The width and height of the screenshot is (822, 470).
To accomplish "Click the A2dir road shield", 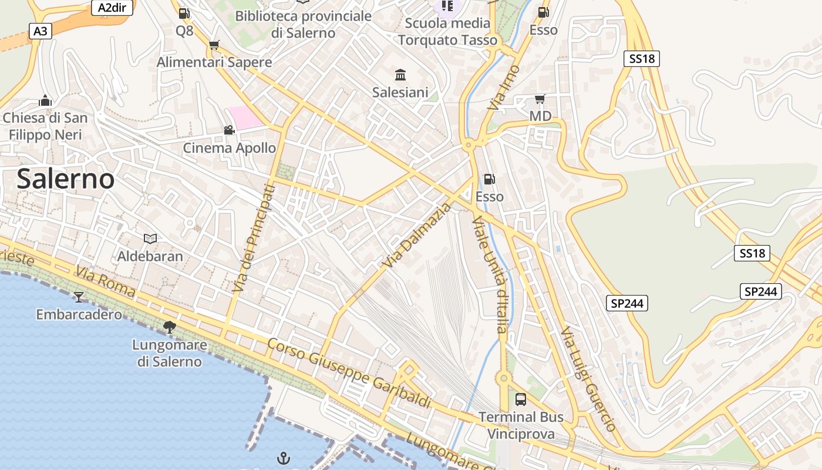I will click(112, 8).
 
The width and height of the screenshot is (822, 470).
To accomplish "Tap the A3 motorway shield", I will click(40, 31).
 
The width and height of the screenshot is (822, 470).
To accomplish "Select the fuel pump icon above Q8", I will click(184, 13).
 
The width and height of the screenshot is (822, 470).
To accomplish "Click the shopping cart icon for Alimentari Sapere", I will click(214, 45).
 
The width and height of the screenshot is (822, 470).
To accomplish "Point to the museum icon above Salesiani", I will click(400, 75).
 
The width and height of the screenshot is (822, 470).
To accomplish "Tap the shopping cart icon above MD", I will click(540, 99).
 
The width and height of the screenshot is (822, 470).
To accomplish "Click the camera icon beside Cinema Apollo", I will click(229, 130).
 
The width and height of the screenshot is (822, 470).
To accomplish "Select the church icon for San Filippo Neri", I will click(45, 101).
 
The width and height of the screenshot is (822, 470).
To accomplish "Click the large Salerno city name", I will click(65, 179).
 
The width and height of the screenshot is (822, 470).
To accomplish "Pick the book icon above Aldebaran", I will click(150, 239).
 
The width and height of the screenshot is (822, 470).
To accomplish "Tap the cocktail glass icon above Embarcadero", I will click(79, 297).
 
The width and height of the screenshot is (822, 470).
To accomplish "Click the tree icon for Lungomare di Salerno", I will click(170, 327).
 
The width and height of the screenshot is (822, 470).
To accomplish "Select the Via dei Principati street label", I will click(253, 239).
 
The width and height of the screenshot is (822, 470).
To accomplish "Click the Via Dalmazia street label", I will click(417, 235).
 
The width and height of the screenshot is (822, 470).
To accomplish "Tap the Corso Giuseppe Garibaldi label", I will click(349, 373).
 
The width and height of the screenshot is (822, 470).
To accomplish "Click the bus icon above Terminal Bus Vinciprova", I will click(520, 399).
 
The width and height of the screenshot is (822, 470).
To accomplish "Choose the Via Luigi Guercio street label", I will click(588, 379).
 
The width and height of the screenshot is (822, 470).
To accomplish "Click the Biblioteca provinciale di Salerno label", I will click(303, 24).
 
